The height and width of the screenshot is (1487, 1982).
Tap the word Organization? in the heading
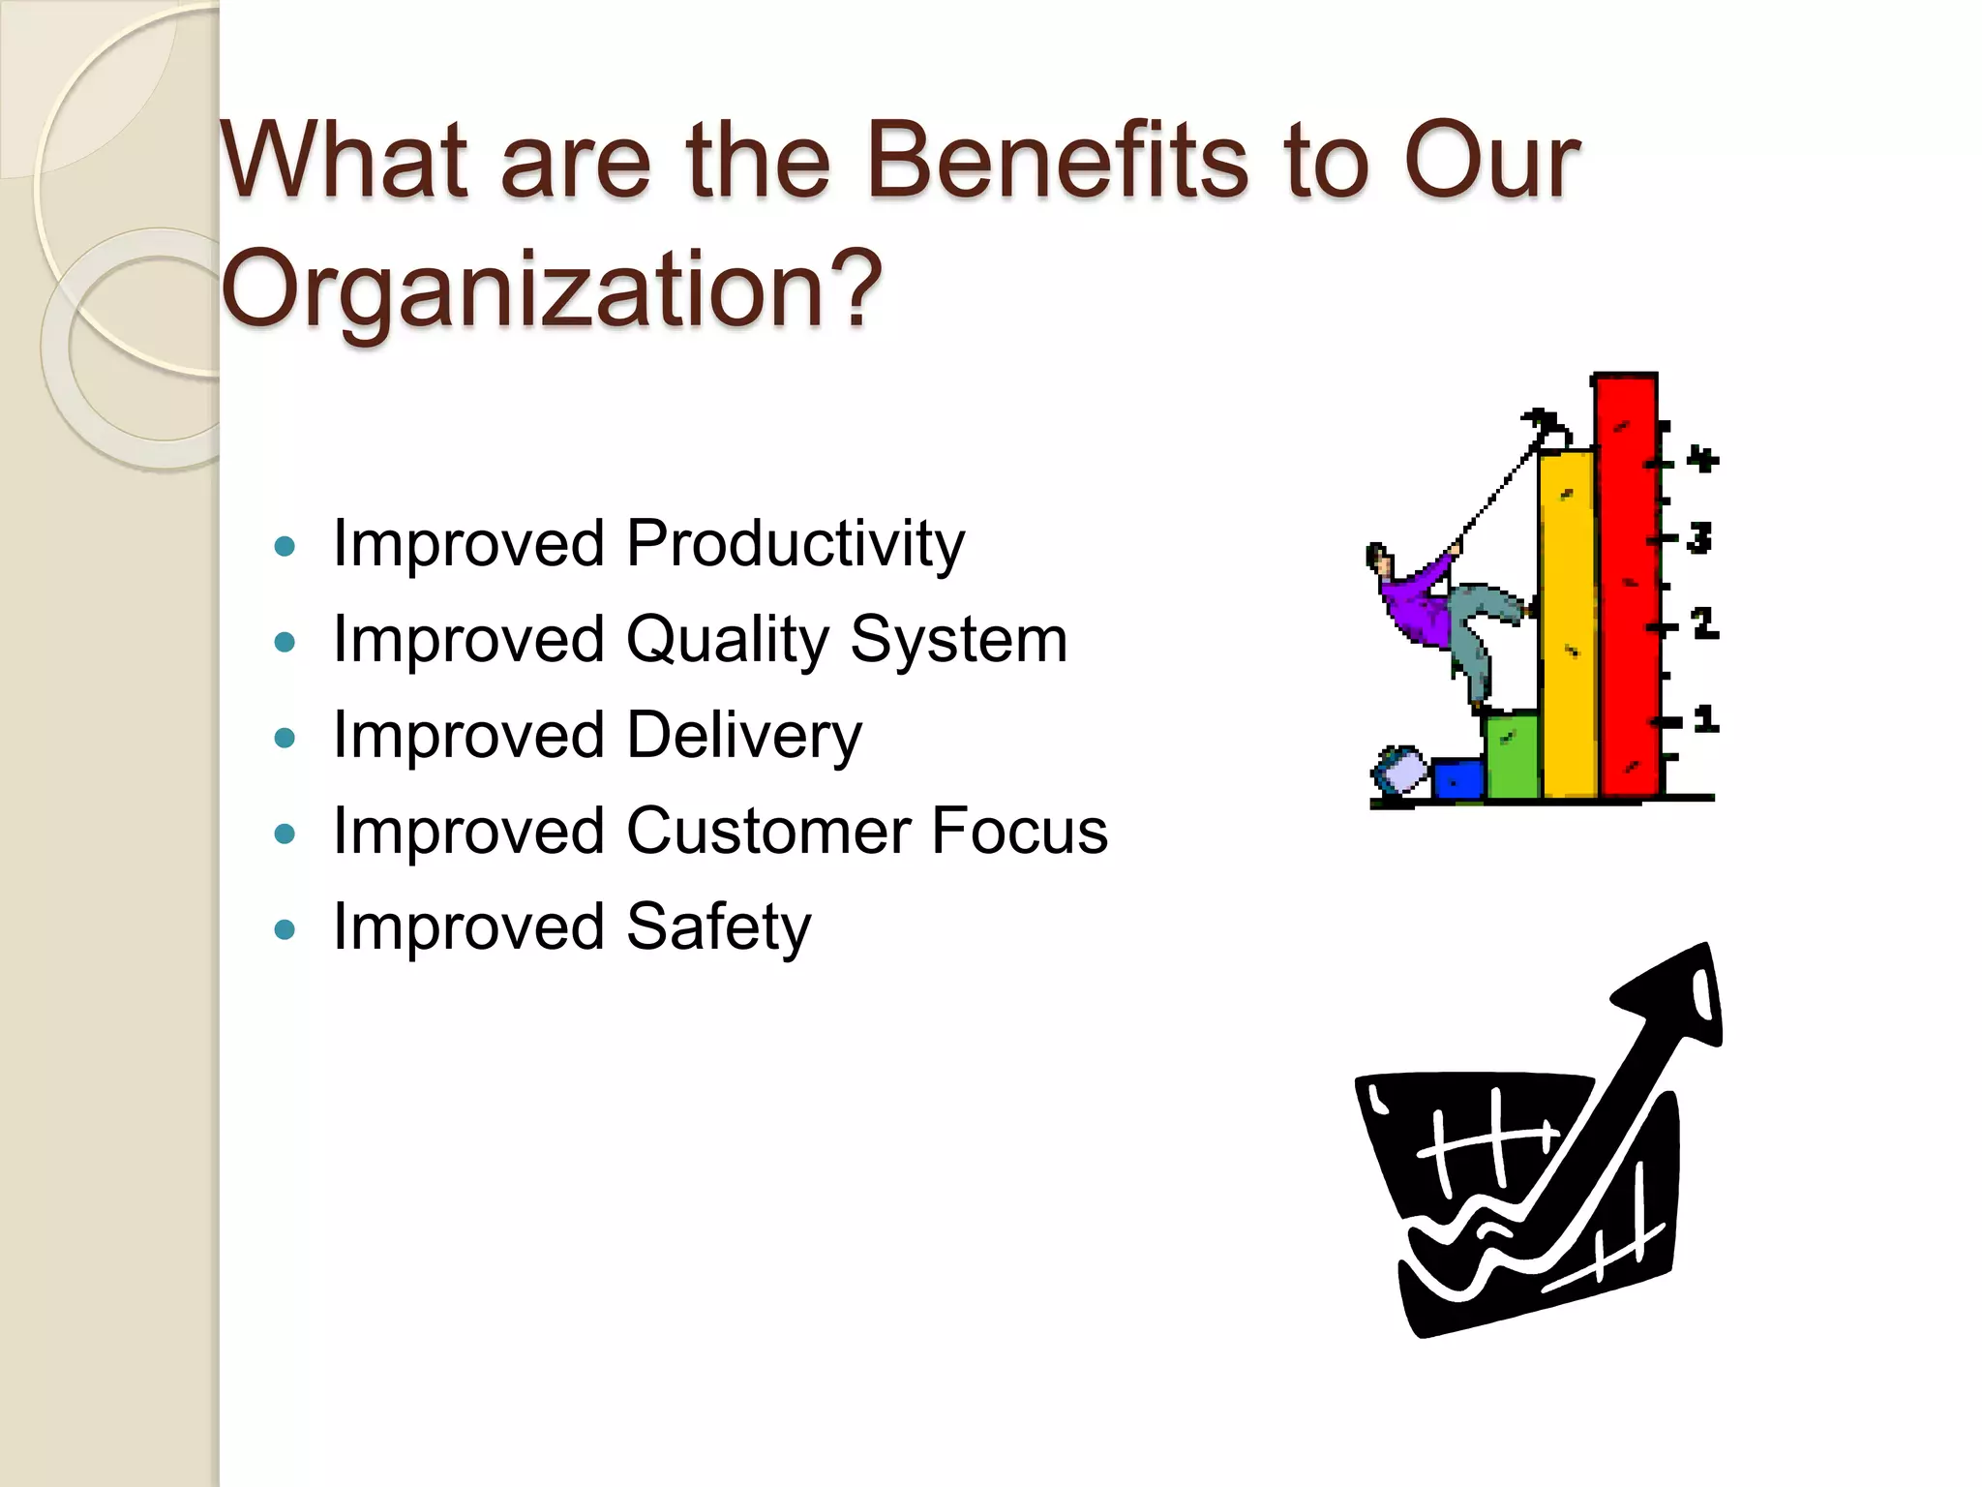[552, 288]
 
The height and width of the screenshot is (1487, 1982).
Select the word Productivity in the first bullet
[795, 544]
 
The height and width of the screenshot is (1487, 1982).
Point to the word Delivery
[743, 737]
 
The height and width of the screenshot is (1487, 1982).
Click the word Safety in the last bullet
[718, 927]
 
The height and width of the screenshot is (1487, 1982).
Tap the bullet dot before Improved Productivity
[285, 547]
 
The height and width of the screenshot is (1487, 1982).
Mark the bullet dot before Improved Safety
[285, 930]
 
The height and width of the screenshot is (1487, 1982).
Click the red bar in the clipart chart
[1627, 591]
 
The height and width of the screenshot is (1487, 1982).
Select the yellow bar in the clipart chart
[1568, 629]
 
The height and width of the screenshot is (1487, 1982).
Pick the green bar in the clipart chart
[1512, 755]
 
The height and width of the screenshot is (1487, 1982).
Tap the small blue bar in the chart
[1456, 778]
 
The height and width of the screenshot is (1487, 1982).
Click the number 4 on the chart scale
[1702, 458]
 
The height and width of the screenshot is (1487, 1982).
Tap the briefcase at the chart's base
[1401, 773]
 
